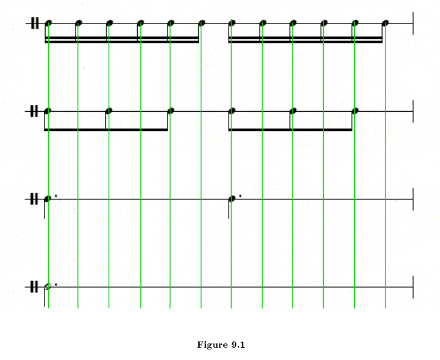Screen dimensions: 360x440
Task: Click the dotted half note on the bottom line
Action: (48, 287)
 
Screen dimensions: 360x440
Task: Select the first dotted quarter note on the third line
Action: (47, 199)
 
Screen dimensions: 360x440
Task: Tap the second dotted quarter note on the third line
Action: (232, 199)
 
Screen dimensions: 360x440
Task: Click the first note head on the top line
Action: (48, 23)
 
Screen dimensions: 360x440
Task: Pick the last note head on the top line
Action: (386, 23)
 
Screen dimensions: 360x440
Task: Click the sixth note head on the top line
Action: (201, 23)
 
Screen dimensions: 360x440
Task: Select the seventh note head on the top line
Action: (232, 23)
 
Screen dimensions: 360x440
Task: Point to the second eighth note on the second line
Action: (109, 111)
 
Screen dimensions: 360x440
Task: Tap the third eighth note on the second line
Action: (171, 111)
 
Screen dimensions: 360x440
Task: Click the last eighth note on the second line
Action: (355, 111)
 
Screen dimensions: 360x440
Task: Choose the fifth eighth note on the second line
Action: (294, 111)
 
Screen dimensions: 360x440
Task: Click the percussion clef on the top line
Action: (33, 23)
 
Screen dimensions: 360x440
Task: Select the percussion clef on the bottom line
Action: (33, 287)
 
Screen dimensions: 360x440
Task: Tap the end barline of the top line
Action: (412, 23)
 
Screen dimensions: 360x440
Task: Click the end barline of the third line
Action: (412, 199)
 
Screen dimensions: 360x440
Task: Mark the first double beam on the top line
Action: (122, 40)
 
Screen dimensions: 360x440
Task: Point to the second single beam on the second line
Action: (290, 130)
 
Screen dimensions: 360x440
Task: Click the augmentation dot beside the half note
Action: (56, 284)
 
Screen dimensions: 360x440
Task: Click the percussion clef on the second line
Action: (33, 111)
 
